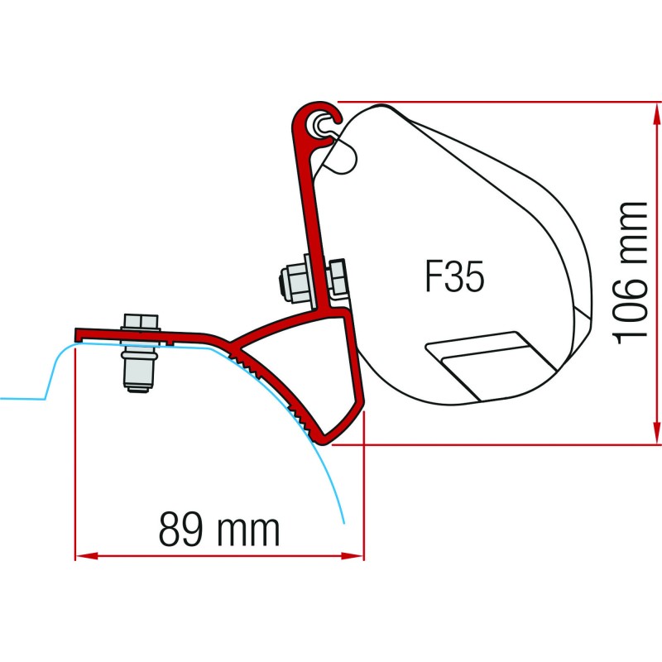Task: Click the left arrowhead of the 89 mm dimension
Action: (83, 556)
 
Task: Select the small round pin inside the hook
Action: (319, 123)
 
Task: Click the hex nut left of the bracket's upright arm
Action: (294, 281)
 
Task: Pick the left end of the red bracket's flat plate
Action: (79, 334)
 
